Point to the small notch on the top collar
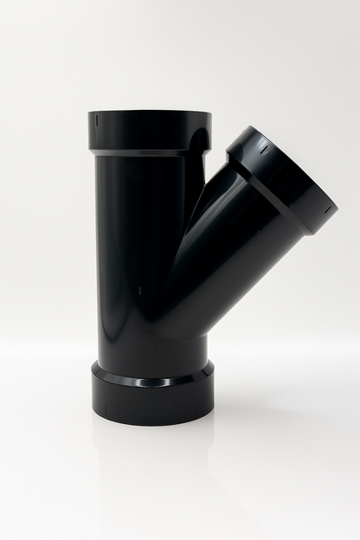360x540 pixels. [97, 119]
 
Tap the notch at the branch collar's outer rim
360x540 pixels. [327, 209]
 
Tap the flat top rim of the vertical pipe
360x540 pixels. [149, 112]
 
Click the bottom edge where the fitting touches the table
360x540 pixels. [151, 423]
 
